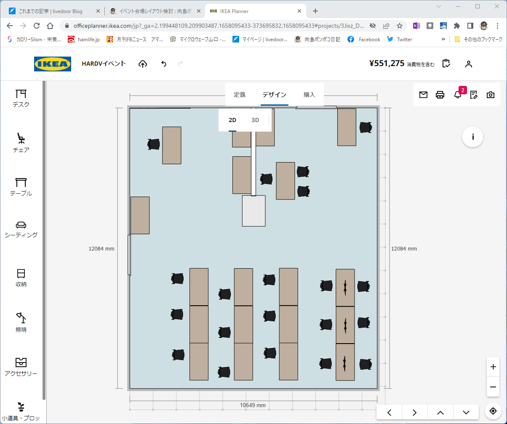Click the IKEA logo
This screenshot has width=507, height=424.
53,64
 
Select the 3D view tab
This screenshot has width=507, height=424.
255,120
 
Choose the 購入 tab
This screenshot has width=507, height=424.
309,95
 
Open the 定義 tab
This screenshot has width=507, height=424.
240,95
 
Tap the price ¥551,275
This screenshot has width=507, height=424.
387,64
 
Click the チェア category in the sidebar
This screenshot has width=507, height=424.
21,143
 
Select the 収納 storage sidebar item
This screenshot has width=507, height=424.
21,278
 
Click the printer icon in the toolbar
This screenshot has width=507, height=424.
440,95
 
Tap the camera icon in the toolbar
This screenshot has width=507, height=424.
491,95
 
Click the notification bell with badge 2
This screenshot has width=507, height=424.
458,94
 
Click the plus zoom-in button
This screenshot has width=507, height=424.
493,367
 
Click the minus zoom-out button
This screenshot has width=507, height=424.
493,387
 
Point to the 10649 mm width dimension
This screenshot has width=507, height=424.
253,405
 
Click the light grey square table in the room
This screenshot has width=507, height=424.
253,211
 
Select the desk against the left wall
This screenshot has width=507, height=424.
140,215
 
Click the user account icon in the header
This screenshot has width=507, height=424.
469,64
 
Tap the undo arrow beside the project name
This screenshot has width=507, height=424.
164,64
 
